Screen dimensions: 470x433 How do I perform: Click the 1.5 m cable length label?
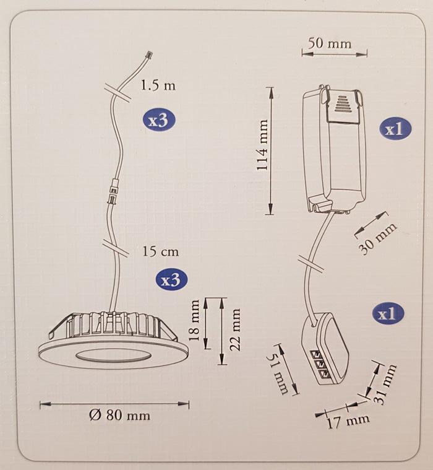point(158,85)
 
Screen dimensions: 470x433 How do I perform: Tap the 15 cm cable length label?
point(160,251)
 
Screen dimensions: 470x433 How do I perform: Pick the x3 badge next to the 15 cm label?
point(170,280)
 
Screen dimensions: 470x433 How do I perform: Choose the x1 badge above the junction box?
point(388,314)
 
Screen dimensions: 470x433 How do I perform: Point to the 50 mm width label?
point(330,43)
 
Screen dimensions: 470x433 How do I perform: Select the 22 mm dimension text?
point(235,329)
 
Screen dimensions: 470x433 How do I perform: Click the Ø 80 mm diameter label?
point(119,415)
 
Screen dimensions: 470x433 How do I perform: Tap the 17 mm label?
point(347,421)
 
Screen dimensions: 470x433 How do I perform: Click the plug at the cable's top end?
point(148,55)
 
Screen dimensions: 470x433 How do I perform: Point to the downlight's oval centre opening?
point(113,355)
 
